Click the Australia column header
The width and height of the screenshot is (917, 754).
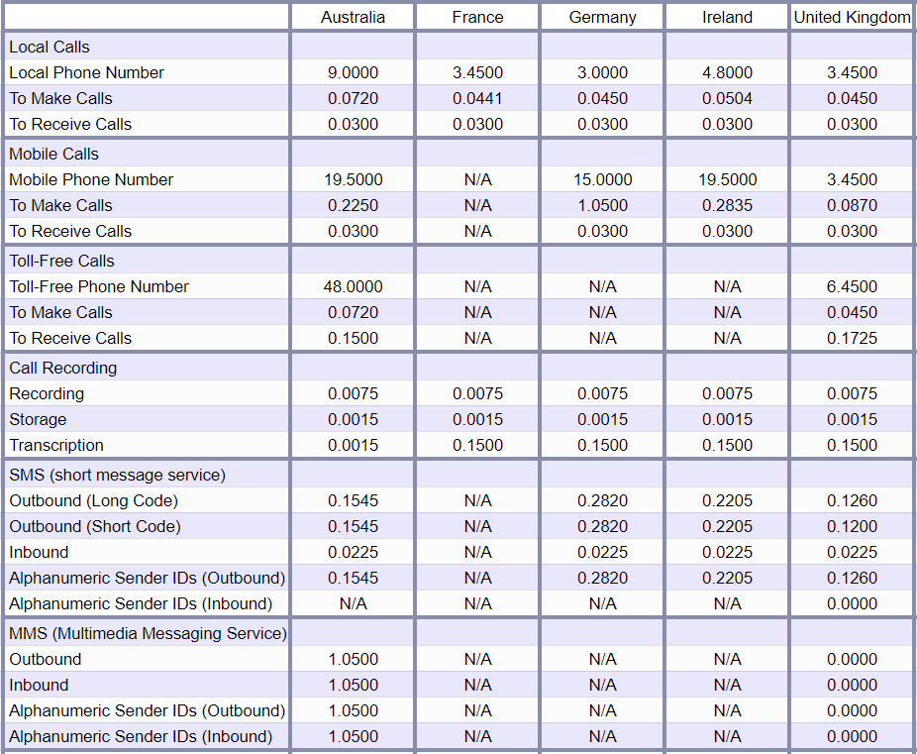click(353, 18)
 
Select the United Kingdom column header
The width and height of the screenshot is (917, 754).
click(852, 18)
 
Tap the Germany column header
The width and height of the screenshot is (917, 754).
click(602, 18)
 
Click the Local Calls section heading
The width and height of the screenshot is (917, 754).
click(50, 47)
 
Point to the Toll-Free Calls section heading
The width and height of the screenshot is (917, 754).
click(62, 261)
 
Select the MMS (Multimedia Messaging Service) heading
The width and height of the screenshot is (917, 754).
click(148, 633)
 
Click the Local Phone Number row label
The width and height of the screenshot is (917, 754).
click(86, 72)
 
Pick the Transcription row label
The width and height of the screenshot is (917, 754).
click(56, 445)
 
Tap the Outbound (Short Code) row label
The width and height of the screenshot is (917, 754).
click(95, 526)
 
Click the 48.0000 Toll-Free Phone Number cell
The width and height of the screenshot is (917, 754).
click(354, 286)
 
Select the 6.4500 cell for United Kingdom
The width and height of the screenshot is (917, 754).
click(852, 286)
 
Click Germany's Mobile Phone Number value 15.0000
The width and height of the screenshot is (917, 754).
click(602, 179)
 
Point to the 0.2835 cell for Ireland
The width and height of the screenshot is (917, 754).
click(728, 205)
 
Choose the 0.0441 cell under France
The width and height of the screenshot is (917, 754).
click(477, 98)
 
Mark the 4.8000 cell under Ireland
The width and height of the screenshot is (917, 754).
click(728, 72)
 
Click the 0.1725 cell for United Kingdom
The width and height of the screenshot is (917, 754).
click(852, 338)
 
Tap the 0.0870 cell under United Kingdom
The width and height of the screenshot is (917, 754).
click(852, 205)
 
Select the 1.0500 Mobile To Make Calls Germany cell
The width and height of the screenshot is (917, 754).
click(602, 205)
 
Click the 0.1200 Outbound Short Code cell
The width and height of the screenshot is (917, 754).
click(852, 526)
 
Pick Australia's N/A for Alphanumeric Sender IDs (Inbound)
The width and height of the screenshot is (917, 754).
click(354, 603)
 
